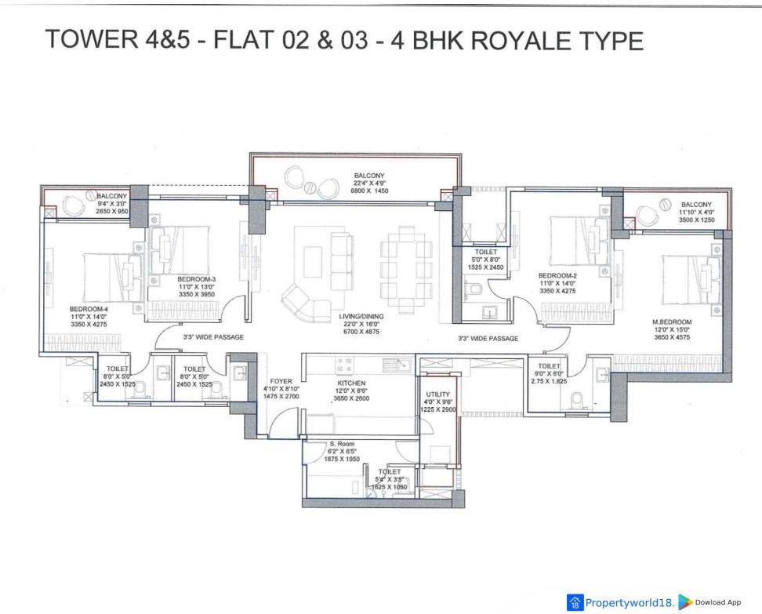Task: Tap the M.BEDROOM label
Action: click(x=672, y=322)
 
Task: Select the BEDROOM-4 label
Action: click(x=89, y=309)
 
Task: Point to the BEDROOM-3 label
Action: click(x=196, y=279)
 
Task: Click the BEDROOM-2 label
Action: click(x=557, y=276)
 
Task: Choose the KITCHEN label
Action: click(x=351, y=383)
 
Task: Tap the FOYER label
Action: click(x=281, y=382)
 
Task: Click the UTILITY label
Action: click(x=438, y=394)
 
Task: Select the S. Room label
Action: click(x=342, y=444)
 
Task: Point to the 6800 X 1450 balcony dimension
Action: click(x=369, y=191)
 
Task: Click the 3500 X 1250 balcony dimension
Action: click(x=696, y=220)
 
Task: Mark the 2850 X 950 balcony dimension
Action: click(x=112, y=212)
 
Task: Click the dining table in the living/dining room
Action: click(x=406, y=269)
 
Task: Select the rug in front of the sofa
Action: click(x=313, y=262)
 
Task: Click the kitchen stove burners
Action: click(x=345, y=366)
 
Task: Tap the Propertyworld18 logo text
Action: click(x=630, y=603)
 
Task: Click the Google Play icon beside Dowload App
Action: click(x=685, y=602)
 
